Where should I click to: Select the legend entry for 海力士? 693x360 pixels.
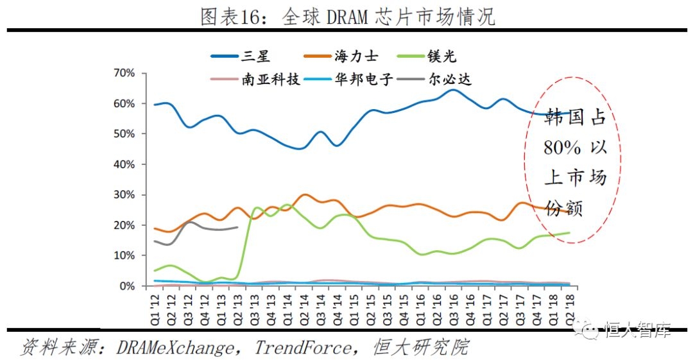pyautogui.click(x=355, y=56)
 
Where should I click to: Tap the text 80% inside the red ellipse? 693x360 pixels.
pyautogui.click(x=562, y=148)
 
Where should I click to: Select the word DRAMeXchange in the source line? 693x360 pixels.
pyautogui.click(x=175, y=348)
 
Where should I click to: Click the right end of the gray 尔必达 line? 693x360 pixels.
pyautogui.click(x=238, y=227)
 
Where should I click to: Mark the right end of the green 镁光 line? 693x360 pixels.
pyautogui.click(x=569, y=233)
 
